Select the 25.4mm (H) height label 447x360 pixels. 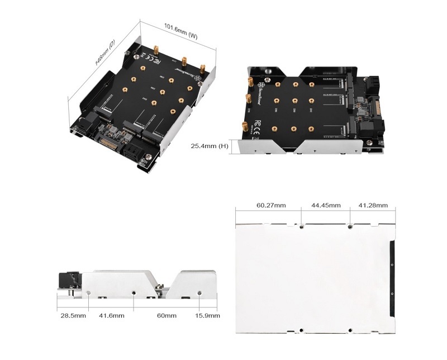pyautogui.click(x=208, y=146)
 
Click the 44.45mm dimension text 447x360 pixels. pyautogui.click(x=326, y=206)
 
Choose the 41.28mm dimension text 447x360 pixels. pyautogui.click(x=373, y=206)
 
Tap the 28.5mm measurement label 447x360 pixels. pyautogui.click(x=73, y=316)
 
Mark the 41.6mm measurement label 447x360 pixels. pyautogui.click(x=112, y=316)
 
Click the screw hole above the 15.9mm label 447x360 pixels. pyautogui.click(x=200, y=292)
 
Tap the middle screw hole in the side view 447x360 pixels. pyautogui.click(x=134, y=292)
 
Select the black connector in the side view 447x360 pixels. pyautogui.click(x=70, y=280)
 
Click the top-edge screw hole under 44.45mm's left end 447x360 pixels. pyautogui.click(x=302, y=227)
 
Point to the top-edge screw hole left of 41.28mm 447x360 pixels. pyautogui.click(x=350, y=227)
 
